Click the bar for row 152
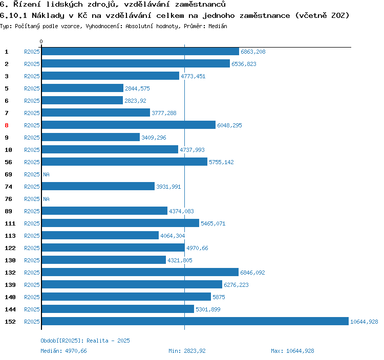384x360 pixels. [x=195, y=322]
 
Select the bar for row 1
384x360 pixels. [x=140, y=52]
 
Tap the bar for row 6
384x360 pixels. [x=82, y=101]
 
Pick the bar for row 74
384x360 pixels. [x=98, y=187]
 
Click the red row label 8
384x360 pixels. [x=7, y=125]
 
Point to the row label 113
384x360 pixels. [x=10, y=236]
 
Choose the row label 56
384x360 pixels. [x=8, y=162]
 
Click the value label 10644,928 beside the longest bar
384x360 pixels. [x=364, y=322]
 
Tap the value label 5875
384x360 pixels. [x=219, y=297]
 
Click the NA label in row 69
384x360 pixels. [x=46, y=174]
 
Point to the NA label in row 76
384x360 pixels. [x=46, y=199]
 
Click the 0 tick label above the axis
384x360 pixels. [x=41, y=41]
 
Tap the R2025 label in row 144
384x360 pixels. [x=32, y=309]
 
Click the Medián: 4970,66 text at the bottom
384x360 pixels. [x=63, y=351]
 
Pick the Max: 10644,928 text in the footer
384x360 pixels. [x=292, y=351]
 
